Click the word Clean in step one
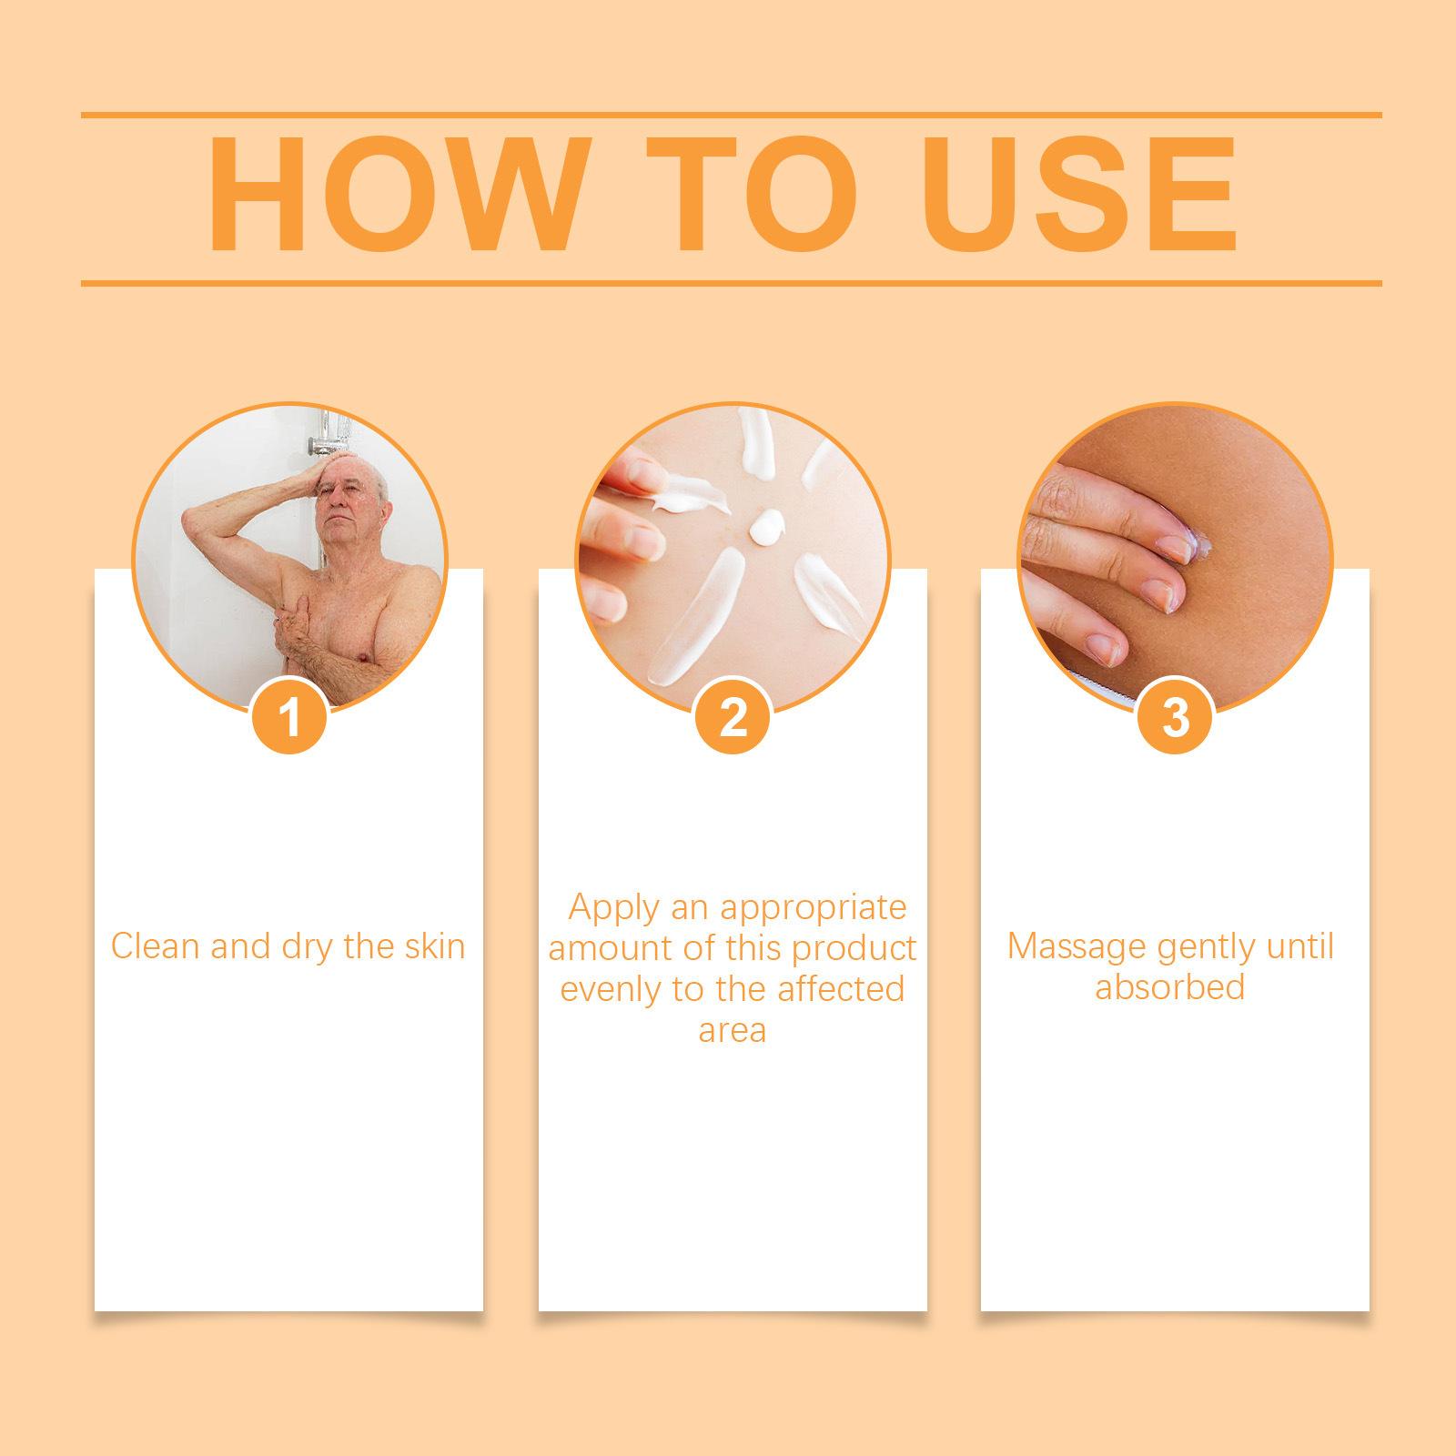[x=155, y=946]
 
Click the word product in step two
[x=854, y=948]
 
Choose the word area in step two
[x=733, y=1030]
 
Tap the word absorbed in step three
[x=1169, y=986]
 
